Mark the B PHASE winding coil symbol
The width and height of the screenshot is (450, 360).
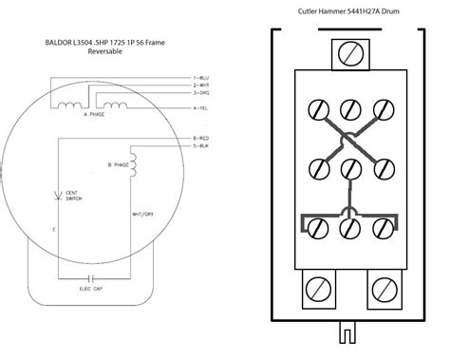[134, 165]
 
